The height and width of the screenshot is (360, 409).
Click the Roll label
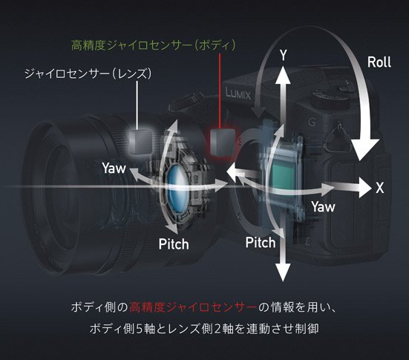coord(379,62)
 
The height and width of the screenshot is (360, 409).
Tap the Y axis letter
coord(284,55)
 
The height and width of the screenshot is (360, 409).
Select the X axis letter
coord(380,188)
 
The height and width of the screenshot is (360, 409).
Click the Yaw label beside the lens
coord(114,168)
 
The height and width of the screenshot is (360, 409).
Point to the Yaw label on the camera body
coord(323,207)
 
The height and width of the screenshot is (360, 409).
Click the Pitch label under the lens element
coord(174,244)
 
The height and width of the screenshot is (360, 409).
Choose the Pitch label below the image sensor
coord(261,243)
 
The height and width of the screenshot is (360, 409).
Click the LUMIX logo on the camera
coord(238,94)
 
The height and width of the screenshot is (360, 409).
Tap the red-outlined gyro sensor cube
coord(222,142)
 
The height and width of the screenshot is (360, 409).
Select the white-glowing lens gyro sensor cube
coord(141,141)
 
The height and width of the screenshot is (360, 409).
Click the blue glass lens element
coord(177,188)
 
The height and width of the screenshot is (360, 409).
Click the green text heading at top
coord(154,45)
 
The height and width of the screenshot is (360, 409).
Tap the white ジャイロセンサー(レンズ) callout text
coord(88,73)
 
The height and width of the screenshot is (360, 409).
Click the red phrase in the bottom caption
coord(193,307)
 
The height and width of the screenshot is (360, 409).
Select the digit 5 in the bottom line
coord(140,329)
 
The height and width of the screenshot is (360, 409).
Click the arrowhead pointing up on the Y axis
coord(283,75)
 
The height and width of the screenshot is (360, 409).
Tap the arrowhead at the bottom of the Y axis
coord(283,272)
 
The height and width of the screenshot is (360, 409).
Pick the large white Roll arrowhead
coord(364,149)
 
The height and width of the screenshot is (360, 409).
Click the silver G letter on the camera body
coord(312,122)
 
